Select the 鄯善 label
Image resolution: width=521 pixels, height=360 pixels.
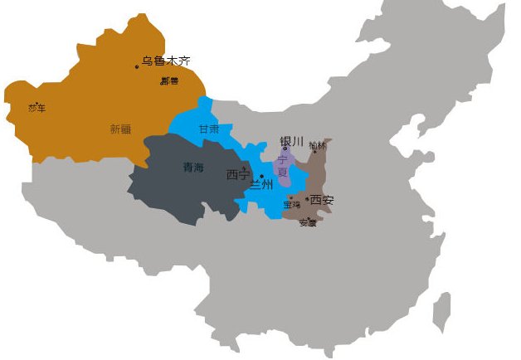(169, 81)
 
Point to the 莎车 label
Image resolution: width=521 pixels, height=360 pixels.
(37, 108)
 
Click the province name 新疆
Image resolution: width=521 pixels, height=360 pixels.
(120, 129)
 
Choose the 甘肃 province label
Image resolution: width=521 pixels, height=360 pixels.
(209, 129)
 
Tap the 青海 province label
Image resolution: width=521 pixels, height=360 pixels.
(192, 168)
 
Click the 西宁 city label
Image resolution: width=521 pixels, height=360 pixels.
(237, 175)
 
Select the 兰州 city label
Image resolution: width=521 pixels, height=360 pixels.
(260, 185)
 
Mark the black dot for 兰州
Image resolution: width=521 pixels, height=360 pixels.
(262, 176)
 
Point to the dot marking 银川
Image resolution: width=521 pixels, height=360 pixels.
(285, 149)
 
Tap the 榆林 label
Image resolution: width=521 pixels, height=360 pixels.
(317, 146)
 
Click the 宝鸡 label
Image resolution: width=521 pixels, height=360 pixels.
(292, 204)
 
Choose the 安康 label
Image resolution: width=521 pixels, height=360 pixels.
(307, 222)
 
